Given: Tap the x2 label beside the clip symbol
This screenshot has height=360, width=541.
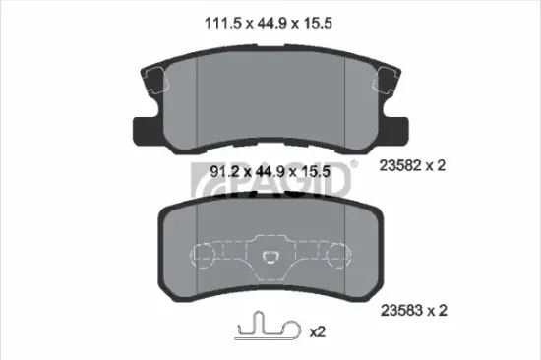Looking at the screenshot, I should (x=318, y=332).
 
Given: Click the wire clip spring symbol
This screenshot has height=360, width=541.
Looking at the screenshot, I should (x=267, y=326).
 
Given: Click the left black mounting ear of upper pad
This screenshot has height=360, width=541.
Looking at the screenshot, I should (x=142, y=127).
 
